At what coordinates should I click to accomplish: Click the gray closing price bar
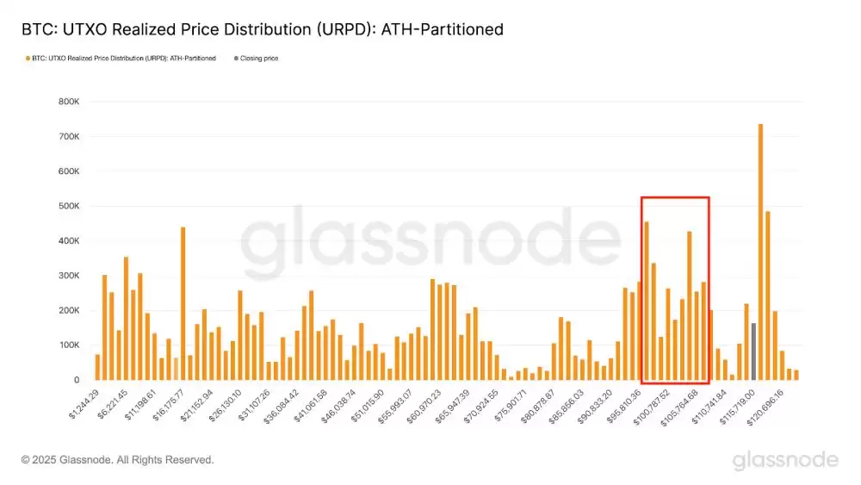[753, 351]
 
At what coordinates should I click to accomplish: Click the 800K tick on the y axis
[70, 102]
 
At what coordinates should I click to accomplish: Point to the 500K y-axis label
[70, 207]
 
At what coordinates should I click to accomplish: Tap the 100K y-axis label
[70, 345]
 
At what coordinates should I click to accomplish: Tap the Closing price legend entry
[258, 59]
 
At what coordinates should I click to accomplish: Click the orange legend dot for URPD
[28, 59]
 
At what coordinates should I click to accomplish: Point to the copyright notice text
[117, 460]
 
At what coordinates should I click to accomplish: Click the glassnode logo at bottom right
[784, 461]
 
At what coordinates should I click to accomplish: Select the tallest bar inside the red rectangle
[647, 301]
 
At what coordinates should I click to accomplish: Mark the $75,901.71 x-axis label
[511, 404]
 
